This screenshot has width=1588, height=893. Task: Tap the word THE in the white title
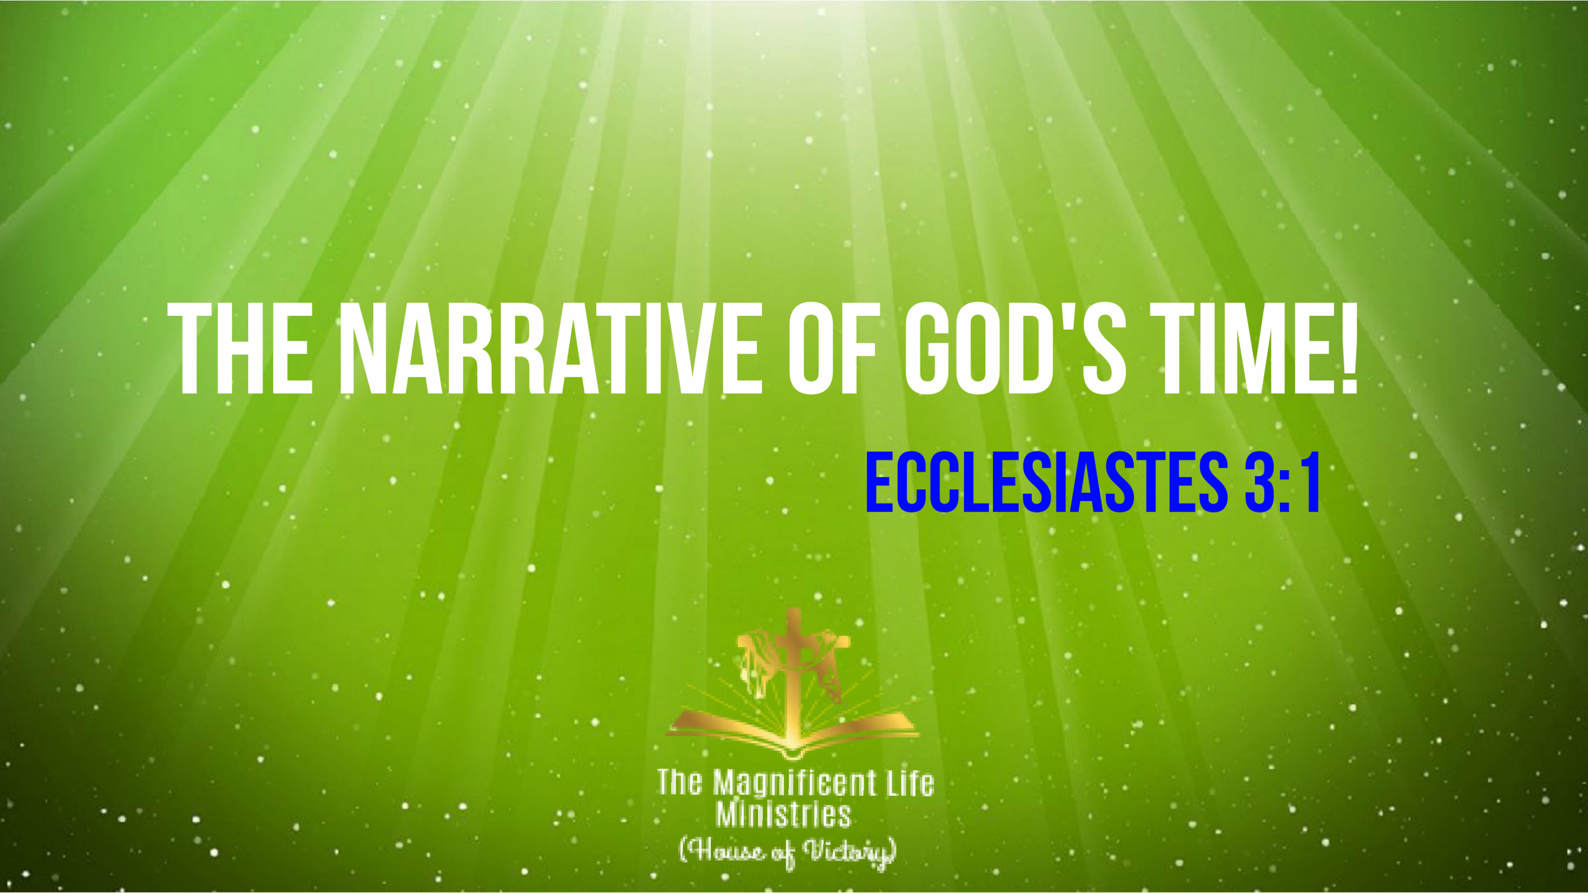point(239,348)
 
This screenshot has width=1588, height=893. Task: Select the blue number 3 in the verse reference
point(1260,482)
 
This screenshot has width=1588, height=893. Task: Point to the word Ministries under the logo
point(783,814)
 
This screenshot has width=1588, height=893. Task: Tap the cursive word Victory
point(850,853)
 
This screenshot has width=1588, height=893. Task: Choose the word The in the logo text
point(679,782)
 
